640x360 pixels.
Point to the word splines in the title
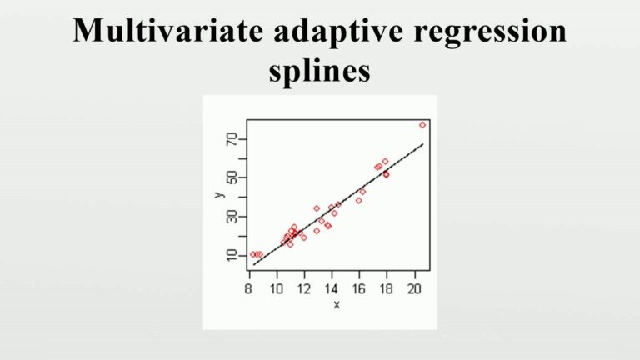(319, 72)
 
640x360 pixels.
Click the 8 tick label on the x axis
(249, 290)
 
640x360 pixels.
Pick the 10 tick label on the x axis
(276, 290)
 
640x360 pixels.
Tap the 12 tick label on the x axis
(304, 290)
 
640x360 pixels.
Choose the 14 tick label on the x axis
(332, 290)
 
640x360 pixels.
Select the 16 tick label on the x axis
(359, 290)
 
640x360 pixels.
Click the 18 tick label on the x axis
(387, 290)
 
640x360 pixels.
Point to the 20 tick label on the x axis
(414, 290)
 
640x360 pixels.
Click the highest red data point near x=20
(422, 125)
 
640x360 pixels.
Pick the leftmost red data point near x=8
(252, 254)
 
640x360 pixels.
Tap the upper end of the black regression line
(422, 144)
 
